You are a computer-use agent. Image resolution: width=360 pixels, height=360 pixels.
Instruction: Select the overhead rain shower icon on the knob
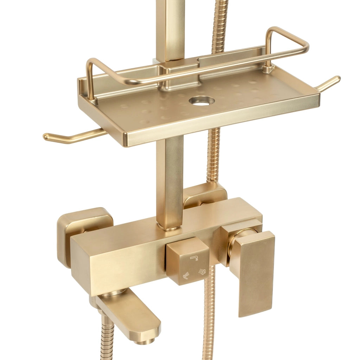[x=202, y=271]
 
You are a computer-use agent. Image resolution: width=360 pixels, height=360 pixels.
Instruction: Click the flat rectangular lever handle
[x=252, y=272]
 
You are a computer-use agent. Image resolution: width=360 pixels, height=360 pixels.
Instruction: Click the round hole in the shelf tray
[x=201, y=101]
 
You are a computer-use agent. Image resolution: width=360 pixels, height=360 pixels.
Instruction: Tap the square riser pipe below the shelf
[x=170, y=179]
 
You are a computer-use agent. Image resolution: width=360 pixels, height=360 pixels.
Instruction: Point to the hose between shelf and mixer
[x=213, y=155]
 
